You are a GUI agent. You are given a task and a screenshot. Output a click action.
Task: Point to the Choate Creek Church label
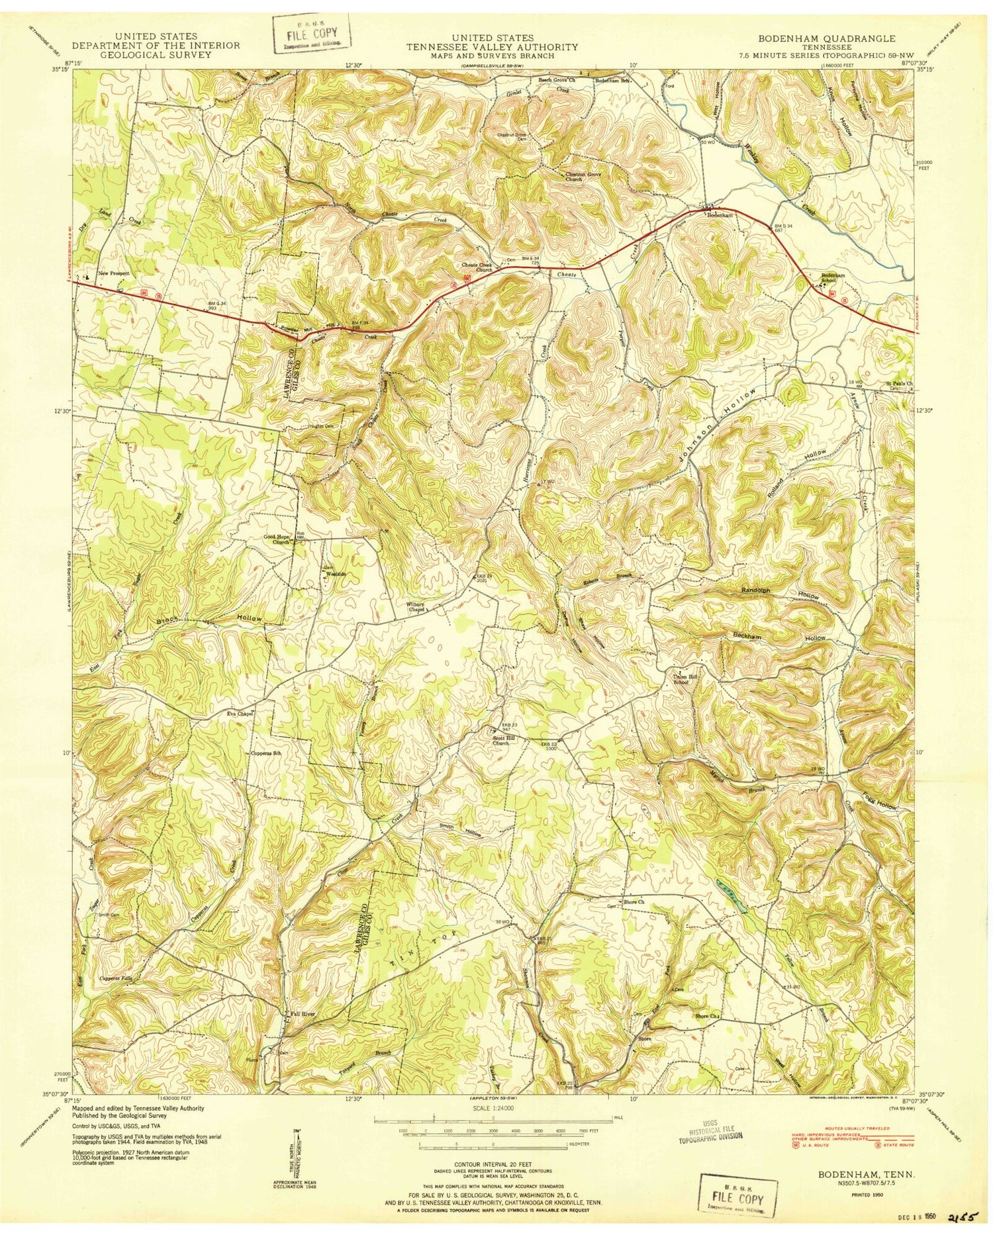point(477,267)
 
